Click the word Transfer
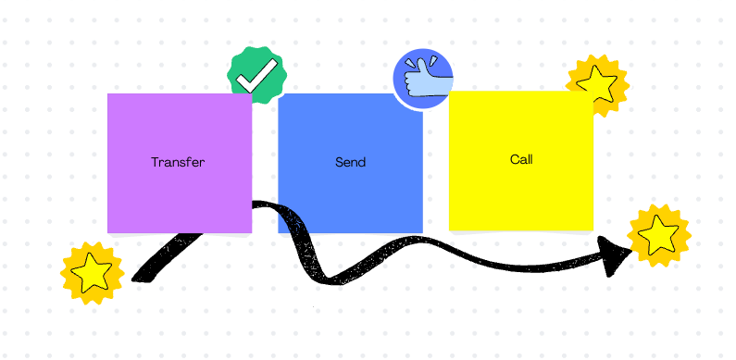click(x=178, y=162)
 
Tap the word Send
click(x=350, y=162)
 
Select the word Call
click(x=521, y=159)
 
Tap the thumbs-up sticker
click(x=423, y=78)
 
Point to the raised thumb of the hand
click(x=414, y=68)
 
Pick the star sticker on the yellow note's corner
click(x=597, y=84)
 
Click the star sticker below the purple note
click(x=93, y=273)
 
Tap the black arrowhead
click(x=615, y=254)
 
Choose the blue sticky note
click(x=350, y=199)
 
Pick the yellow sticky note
click(x=521, y=194)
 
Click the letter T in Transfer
click(x=155, y=162)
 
